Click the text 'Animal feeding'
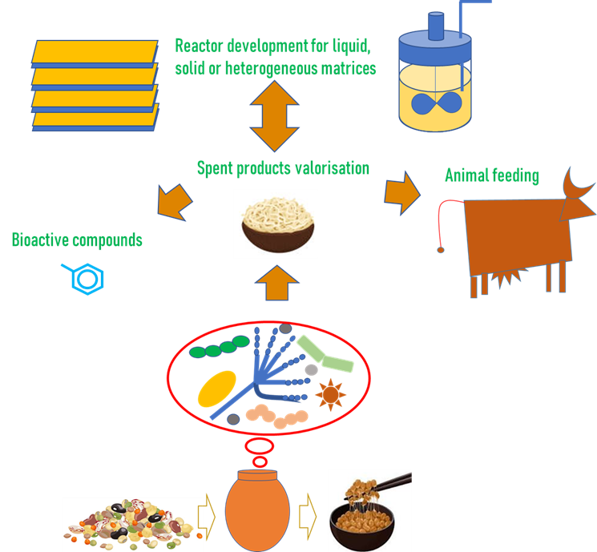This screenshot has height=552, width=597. click(492, 175)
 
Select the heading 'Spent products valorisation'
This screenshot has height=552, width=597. click(283, 168)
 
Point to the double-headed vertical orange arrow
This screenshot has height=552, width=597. click(274, 116)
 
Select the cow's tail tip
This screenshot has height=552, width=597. click(440, 251)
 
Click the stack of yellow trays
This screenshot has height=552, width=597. click(95, 83)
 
